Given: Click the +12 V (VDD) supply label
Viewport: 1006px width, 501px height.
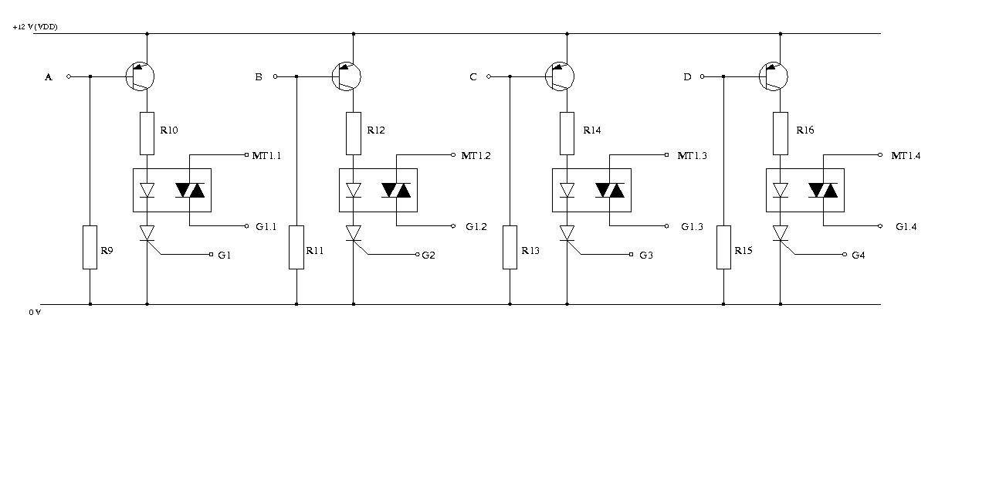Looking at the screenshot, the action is coord(35,27).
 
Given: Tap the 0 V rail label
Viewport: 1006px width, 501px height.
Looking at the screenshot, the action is coord(35,313).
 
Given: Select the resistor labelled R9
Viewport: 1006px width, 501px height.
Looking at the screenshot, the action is coord(90,247).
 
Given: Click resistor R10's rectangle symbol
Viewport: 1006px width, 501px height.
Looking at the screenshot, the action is coord(147,134).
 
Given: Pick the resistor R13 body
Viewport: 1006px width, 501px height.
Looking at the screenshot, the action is coord(510,247).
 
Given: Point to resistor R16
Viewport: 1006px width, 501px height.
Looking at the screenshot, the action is coord(780,134).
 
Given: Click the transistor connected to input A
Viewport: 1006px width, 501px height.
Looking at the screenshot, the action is coord(140,76).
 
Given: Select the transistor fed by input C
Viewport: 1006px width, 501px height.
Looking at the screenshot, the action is coord(560,76).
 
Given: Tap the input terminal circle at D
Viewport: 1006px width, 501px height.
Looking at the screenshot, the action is coord(703,76).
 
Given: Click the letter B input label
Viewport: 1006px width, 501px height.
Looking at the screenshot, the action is coord(259,77).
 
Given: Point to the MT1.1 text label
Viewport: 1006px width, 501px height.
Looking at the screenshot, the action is coord(266,156).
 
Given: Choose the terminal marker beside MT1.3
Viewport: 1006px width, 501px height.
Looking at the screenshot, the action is coord(666,155).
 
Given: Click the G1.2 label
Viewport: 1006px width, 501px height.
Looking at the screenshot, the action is coord(476,227).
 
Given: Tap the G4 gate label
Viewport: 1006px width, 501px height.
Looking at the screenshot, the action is coord(859,255).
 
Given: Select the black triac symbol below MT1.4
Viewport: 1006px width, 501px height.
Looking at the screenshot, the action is coord(823,191).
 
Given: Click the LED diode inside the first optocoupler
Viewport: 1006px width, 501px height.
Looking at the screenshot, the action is coord(147,190).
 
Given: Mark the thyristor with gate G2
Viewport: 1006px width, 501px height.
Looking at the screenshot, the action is coord(354,233).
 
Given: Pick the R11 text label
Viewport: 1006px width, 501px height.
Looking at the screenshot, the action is coord(315,250).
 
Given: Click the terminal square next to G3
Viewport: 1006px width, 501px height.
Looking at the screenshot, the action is coord(631,255).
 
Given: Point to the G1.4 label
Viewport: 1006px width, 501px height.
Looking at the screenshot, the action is coord(906,227).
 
